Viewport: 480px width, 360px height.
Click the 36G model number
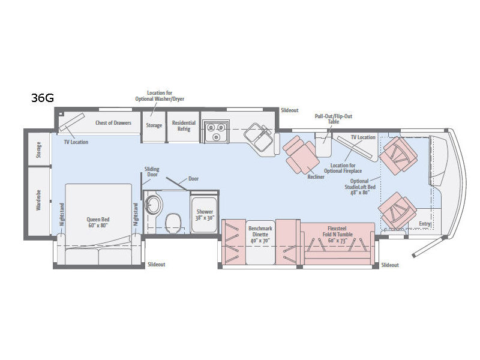pos(43,98)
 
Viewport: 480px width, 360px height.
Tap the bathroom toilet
pos(173,223)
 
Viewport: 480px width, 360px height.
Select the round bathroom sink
pos(154,203)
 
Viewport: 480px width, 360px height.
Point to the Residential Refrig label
pos(184,126)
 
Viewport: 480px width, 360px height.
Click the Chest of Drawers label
pos(113,123)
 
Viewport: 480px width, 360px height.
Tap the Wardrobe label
pos(38,200)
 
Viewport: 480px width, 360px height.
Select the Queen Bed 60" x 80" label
pos(98,222)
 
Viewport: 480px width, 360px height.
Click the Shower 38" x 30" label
pos(205,215)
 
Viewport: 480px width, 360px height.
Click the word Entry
pos(425,224)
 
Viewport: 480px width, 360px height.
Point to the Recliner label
pos(316,176)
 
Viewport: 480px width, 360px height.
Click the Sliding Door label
pos(152,172)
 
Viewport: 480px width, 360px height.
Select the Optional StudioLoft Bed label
pos(359,187)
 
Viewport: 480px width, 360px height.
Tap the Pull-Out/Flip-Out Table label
pos(334,119)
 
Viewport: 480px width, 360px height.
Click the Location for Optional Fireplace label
pos(343,168)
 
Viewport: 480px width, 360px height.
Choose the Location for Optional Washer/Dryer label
pos(160,95)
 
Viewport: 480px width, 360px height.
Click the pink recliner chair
pos(299,155)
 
